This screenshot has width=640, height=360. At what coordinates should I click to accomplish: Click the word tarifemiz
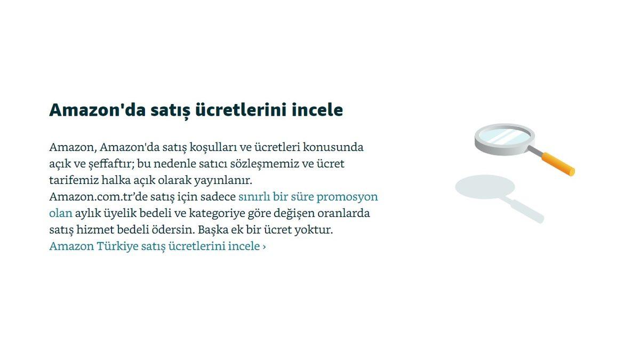[x=72, y=180]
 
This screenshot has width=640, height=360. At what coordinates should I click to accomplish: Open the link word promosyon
[x=347, y=196]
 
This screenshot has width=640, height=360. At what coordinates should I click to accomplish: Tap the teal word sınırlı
[x=254, y=196]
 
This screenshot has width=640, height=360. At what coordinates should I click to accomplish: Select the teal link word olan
[x=60, y=213]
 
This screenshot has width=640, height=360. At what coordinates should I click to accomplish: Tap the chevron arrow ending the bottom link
[x=264, y=247]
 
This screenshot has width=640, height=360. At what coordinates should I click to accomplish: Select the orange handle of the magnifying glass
[x=558, y=164]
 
